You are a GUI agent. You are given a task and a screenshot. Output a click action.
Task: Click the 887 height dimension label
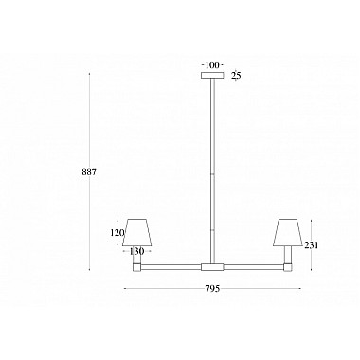(x=89, y=172)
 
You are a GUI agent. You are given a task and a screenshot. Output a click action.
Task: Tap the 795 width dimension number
(x=212, y=289)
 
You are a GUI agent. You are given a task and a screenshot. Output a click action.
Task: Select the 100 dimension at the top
(x=212, y=65)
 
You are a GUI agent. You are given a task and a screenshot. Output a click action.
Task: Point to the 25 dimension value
(x=236, y=76)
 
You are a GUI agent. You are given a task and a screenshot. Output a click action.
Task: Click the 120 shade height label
(x=117, y=233)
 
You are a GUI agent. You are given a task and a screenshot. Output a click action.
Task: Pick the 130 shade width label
(x=136, y=251)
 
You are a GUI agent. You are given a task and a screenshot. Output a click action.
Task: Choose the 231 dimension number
(x=312, y=245)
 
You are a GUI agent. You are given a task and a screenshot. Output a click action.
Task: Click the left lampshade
(x=137, y=232)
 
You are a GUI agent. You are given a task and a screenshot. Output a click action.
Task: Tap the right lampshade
(x=288, y=232)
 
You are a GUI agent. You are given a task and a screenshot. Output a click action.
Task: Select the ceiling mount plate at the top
(x=212, y=76)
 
